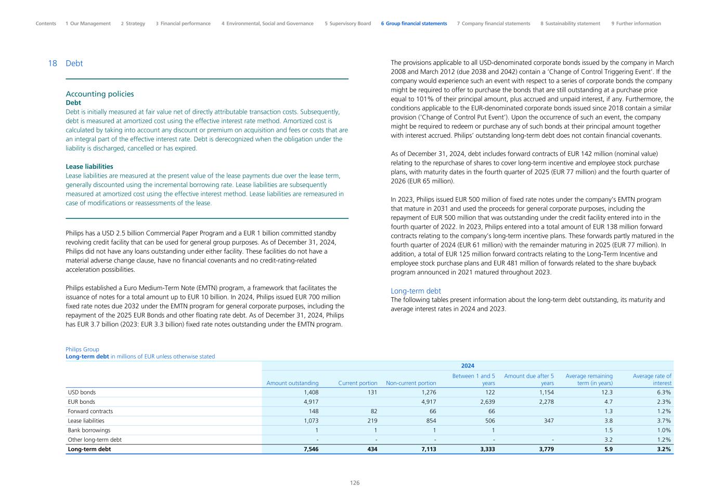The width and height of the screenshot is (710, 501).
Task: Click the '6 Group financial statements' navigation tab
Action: [x=414, y=23]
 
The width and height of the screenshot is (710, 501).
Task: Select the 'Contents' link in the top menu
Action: [x=46, y=23]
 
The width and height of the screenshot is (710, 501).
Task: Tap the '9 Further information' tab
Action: [x=636, y=23]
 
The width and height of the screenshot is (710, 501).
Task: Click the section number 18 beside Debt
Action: [x=52, y=63]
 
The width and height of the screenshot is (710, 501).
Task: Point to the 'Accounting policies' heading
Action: [x=99, y=94]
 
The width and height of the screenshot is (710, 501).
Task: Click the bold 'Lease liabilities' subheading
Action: [x=89, y=167]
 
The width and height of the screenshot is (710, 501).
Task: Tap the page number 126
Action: [x=355, y=483]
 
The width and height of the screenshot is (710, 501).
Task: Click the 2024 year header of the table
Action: [x=467, y=366]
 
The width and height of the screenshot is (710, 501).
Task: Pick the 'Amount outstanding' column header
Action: [x=292, y=383]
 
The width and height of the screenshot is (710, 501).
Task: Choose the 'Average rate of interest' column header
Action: [x=652, y=379]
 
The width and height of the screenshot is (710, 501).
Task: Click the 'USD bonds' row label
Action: [x=82, y=392]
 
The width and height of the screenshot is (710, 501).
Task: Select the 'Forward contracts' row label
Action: [x=90, y=411]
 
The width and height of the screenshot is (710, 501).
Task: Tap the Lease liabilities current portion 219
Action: [x=372, y=421]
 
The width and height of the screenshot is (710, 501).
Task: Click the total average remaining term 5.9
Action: [x=608, y=449]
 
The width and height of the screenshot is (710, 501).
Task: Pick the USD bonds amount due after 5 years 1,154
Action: [x=545, y=392]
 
